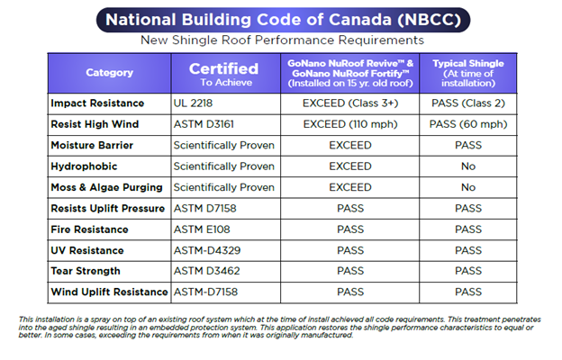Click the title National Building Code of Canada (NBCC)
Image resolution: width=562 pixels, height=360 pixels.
point(283,20)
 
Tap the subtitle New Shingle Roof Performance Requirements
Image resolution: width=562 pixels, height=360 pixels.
point(282,40)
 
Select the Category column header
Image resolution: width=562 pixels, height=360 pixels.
point(109,73)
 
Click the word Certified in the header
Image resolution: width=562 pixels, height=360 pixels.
point(223,68)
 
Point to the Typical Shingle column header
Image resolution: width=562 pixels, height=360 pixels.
point(468,73)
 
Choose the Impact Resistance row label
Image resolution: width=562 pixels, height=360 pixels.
point(97,103)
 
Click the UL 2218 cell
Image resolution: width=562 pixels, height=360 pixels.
point(193,103)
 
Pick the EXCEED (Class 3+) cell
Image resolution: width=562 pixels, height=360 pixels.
point(350,103)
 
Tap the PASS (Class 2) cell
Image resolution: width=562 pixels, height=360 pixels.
point(468,103)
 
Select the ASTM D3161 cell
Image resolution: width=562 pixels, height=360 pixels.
point(204,124)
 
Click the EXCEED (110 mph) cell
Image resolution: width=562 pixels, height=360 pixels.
point(350,124)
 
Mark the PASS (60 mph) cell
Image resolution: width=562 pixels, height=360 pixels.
point(468,124)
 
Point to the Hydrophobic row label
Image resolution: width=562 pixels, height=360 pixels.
point(84,166)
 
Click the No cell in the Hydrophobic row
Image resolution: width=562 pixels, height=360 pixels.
point(468,166)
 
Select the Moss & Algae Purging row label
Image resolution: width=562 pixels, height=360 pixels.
point(106,187)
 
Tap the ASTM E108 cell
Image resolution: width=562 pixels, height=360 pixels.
point(202,229)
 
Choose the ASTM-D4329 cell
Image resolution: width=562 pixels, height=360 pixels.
point(207,250)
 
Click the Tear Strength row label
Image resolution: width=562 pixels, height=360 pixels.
point(86,271)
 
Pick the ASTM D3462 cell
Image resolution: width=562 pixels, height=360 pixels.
point(207,271)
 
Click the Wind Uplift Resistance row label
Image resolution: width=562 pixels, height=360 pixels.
point(109,292)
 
